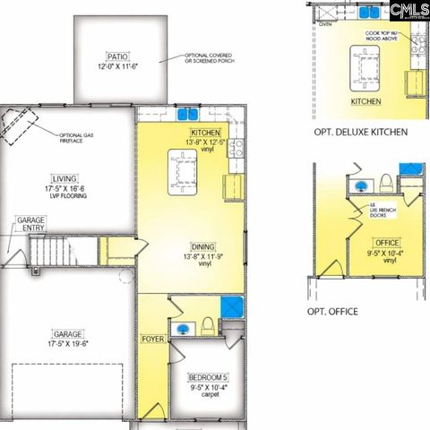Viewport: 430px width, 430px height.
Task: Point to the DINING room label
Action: point(202,246)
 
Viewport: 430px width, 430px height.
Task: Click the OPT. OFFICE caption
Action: point(332,311)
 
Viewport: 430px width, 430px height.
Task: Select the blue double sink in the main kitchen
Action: point(187,114)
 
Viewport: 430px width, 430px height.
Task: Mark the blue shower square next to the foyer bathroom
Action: point(232,306)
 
